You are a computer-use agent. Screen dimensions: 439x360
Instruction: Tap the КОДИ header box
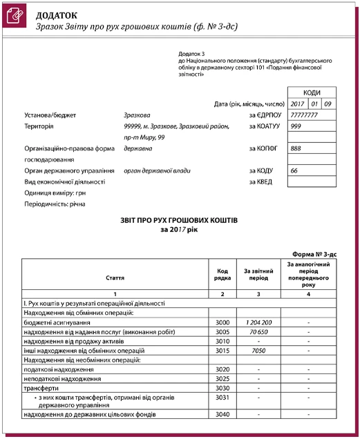[312, 92]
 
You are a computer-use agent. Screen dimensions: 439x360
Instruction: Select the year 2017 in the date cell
[298, 104]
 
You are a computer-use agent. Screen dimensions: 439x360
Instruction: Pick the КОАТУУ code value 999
[296, 126]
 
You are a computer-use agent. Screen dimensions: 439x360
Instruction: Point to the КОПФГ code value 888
[296, 148]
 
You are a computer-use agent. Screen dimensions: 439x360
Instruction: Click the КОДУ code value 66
[294, 170]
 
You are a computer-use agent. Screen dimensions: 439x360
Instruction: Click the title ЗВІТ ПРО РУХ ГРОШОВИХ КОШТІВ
[179, 219]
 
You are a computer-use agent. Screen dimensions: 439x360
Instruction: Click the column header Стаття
[115, 277]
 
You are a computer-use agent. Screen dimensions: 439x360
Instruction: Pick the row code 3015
[222, 350]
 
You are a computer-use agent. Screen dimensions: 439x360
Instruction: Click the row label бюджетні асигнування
[58, 322]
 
